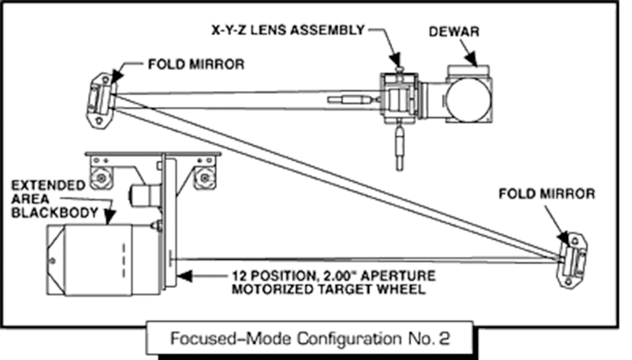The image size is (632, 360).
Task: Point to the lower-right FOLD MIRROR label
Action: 547,193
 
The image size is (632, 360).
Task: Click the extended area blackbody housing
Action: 95,259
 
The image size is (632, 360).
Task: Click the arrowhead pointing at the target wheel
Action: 181,276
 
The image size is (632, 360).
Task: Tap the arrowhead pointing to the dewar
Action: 473,59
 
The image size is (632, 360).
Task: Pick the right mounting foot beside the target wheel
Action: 204,177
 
